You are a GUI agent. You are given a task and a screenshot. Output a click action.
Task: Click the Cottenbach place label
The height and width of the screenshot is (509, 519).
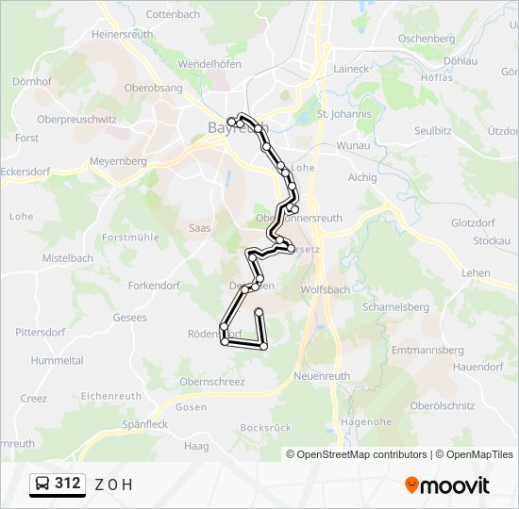point(175,15)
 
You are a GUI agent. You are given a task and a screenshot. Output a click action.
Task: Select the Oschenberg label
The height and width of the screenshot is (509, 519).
point(427,39)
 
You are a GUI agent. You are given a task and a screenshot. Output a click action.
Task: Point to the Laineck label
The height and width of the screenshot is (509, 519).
point(352,69)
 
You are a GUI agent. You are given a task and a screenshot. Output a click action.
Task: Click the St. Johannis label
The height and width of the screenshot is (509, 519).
point(344,113)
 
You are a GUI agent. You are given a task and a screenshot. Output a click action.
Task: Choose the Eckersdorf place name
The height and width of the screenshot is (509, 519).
point(25,172)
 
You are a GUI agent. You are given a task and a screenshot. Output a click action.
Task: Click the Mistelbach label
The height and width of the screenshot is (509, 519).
point(68,257)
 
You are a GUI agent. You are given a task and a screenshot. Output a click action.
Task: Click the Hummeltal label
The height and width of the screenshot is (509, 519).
point(57,360)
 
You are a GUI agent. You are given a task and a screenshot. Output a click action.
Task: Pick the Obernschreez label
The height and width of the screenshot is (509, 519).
point(212,382)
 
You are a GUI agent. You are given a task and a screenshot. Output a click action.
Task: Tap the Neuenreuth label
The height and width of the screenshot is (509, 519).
point(323,375)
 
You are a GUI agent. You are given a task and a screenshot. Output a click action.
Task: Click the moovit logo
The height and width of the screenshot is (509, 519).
point(447,485)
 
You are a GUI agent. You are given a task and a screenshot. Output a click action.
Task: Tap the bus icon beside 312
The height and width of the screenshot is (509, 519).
point(42,484)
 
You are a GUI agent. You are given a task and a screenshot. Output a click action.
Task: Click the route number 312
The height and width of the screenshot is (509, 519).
point(68,484)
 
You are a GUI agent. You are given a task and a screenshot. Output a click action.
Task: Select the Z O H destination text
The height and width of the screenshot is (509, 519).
point(113,484)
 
